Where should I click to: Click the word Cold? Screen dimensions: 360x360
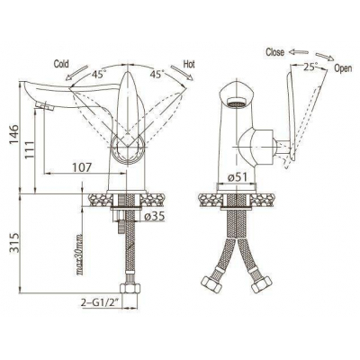coord(61,64)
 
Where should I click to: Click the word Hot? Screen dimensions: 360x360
coord(189,64)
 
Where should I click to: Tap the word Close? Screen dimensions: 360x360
coord(274,52)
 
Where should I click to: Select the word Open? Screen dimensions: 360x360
coord(343,68)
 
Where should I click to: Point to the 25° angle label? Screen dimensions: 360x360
coord(310,67)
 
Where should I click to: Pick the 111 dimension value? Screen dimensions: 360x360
coord(30,149)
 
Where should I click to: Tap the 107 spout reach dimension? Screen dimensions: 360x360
coord(81,167)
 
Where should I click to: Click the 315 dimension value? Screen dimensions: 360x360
coord(13,242)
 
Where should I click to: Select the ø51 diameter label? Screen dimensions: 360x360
coord(237,177)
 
